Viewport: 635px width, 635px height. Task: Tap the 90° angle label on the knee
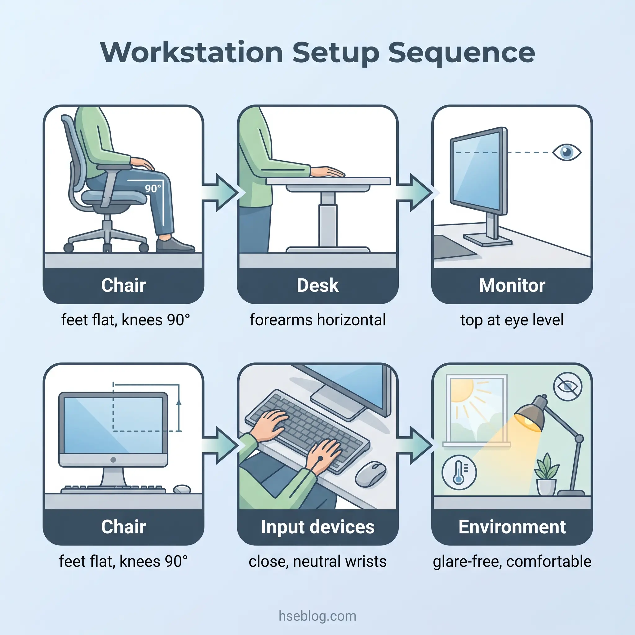[153, 188]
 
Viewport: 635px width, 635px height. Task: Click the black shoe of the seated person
[174, 245]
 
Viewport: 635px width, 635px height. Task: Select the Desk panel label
[317, 285]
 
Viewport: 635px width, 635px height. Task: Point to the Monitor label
[512, 285]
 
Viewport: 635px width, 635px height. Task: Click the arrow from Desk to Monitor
[415, 193]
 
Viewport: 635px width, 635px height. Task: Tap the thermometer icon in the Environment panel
[459, 472]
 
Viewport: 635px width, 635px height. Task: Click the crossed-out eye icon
[568, 387]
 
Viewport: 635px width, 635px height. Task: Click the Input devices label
[317, 527]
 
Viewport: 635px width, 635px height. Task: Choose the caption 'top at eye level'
[512, 320]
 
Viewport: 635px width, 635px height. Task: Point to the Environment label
[512, 527]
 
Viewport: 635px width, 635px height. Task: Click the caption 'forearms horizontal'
[317, 320]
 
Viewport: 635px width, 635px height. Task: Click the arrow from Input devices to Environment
[415, 445]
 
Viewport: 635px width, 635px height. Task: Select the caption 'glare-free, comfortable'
[512, 562]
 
